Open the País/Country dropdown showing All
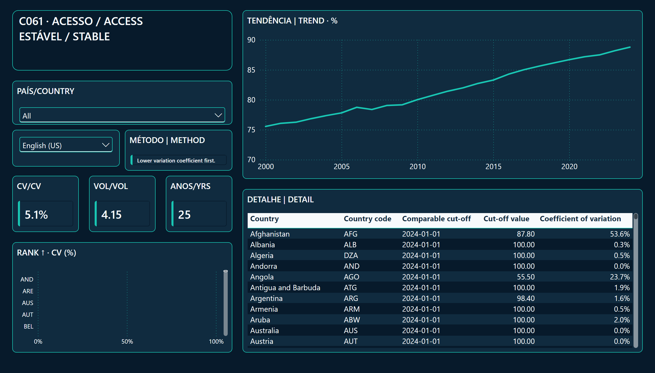pyautogui.click(x=122, y=115)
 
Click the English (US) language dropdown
pyautogui.click(x=66, y=145)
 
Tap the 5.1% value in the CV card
pyautogui.click(x=36, y=215)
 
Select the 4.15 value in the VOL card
pyautogui.click(x=111, y=215)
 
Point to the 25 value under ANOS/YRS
pyautogui.click(x=184, y=215)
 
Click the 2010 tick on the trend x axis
pyautogui.click(x=417, y=167)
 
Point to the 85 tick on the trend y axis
pyautogui.click(x=251, y=70)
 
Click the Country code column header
pyautogui.click(x=367, y=218)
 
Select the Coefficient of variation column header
pyautogui.click(x=580, y=218)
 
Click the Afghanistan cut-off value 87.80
pyautogui.click(x=526, y=234)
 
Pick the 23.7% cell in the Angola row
pyautogui.click(x=620, y=277)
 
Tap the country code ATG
pyautogui.click(x=350, y=288)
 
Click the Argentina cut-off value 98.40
pyautogui.click(x=526, y=298)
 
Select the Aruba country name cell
pyautogui.click(x=260, y=320)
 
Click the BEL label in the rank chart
pyautogui.click(x=28, y=327)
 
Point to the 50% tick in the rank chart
pyautogui.click(x=127, y=342)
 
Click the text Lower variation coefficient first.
pyautogui.click(x=176, y=161)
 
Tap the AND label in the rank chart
pyautogui.click(x=27, y=279)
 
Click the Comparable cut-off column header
pyautogui.click(x=436, y=218)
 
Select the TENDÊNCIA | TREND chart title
pyautogui.click(x=292, y=20)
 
